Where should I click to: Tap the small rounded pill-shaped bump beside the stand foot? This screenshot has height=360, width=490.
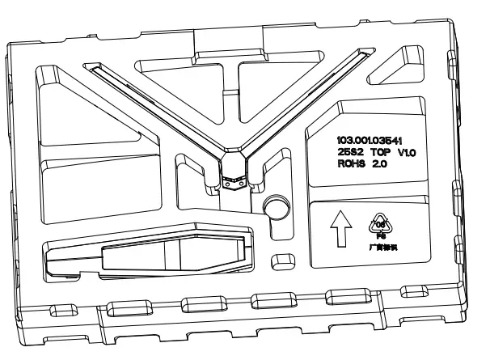click(x=282, y=260)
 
